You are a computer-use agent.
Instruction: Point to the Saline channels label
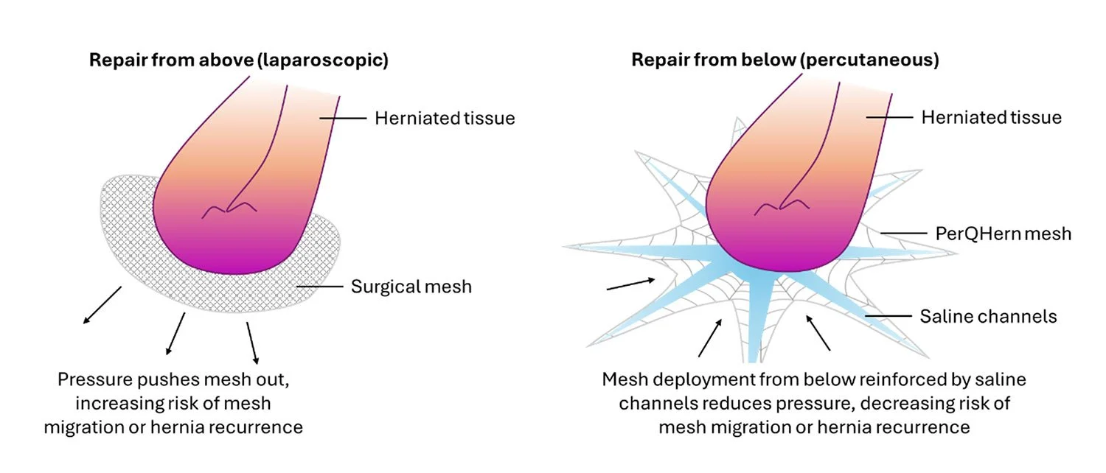click(x=988, y=317)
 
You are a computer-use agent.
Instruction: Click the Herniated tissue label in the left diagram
click(x=445, y=118)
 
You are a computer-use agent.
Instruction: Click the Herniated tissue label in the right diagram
click(x=991, y=118)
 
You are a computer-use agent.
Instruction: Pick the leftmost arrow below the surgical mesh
click(x=102, y=305)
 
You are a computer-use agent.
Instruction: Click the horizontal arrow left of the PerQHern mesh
click(x=630, y=284)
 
